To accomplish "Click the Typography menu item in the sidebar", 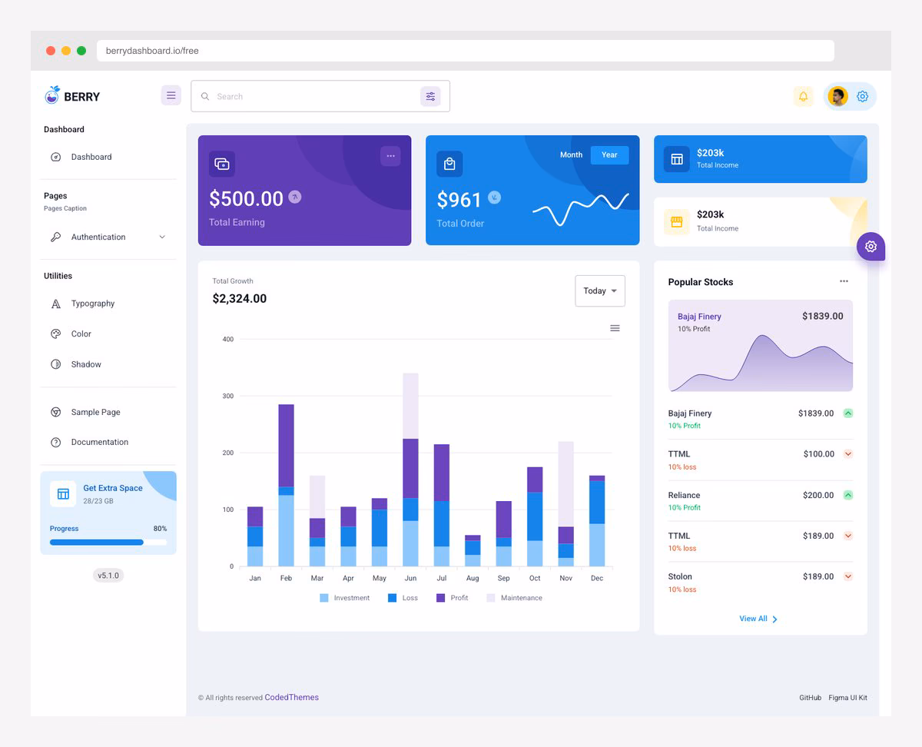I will click(x=92, y=304).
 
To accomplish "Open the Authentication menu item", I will click(x=98, y=237).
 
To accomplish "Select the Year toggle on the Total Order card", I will click(x=609, y=155).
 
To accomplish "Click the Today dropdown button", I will click(x=599, y=291).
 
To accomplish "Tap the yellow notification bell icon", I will click(x=803, y=97).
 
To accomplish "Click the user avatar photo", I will click(x=837, y=97).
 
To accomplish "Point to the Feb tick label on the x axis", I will click(x=286, y=579).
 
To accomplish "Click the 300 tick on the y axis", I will click(x=227, y=397).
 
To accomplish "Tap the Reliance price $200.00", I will click(x=818, y=496).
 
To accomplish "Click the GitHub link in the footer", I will click(x=810, y=698).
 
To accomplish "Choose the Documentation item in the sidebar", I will click(x=99, y=443).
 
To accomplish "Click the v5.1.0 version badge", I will click(x=108, y=576).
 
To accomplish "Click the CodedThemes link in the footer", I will click(x=291, y=698).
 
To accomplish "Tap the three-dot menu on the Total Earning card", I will click(x=390, y=156).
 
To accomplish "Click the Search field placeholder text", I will click(x=230, y=97).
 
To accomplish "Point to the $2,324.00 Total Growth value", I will click(x=239, y=299).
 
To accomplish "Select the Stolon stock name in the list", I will click(x=680, y=577).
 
